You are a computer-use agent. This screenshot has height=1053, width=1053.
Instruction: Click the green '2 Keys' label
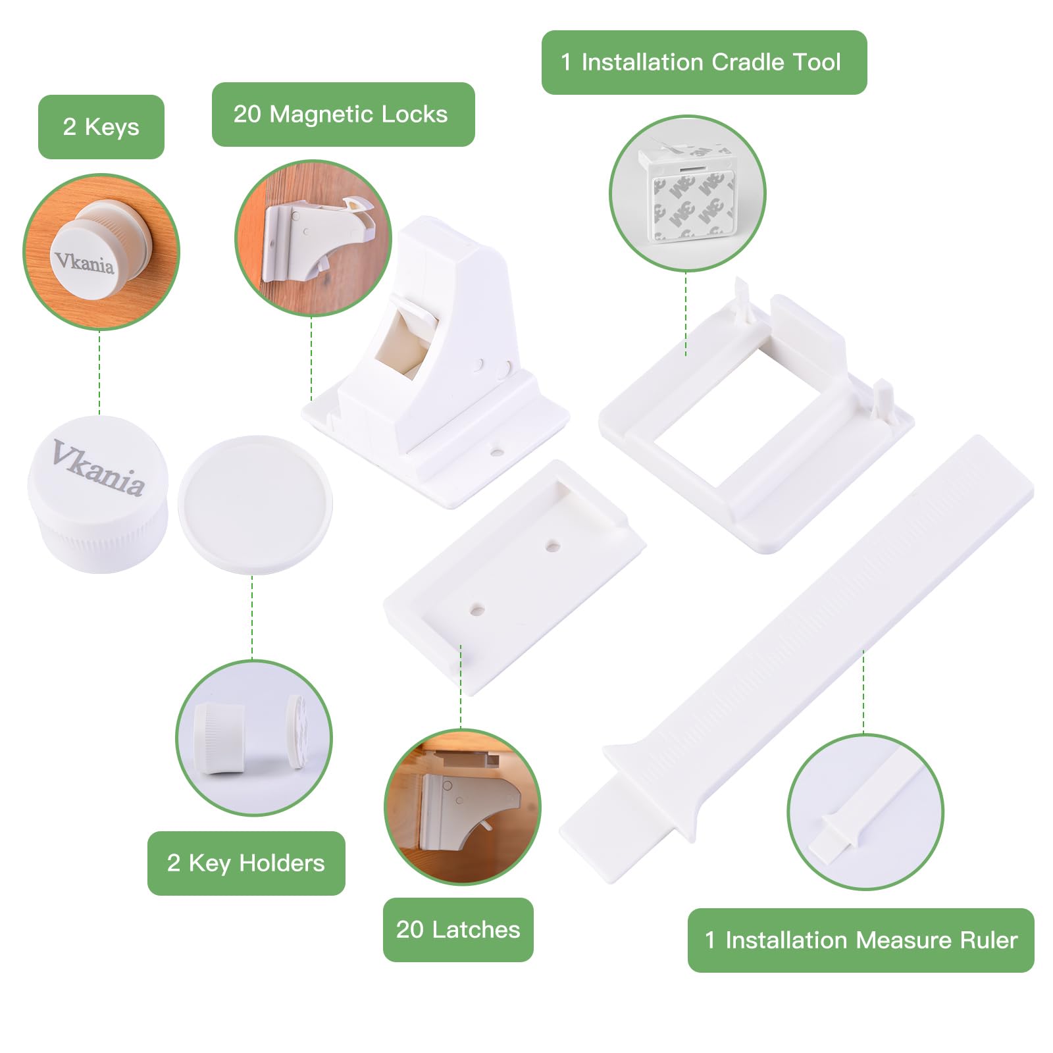click(101, 126)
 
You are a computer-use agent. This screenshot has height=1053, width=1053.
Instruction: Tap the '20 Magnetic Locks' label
click(343, 114)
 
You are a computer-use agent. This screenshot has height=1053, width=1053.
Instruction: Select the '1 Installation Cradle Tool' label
click(704, 62)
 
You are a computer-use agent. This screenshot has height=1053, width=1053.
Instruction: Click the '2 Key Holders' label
click(246, 863)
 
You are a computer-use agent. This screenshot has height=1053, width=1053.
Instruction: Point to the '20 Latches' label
click(458, 929)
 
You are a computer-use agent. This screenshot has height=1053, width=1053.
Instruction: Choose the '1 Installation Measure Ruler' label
click(861, 940)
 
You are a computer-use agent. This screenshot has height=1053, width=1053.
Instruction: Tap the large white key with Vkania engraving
click(97, 494)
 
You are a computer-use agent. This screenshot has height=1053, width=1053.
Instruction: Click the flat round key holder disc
click(255, 504)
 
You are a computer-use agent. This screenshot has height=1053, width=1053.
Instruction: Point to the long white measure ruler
click(796, 658)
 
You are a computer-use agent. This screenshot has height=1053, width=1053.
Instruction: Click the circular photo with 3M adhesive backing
click(687, 193)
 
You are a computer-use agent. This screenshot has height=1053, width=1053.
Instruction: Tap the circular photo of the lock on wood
click(313, 238)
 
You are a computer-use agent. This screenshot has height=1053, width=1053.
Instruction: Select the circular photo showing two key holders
click(253, 738)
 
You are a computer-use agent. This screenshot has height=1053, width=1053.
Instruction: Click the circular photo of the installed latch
click(462, 807)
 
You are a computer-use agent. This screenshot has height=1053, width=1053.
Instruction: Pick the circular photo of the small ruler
click(865, 812)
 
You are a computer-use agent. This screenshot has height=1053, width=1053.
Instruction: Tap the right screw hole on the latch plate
click(553, 546)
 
